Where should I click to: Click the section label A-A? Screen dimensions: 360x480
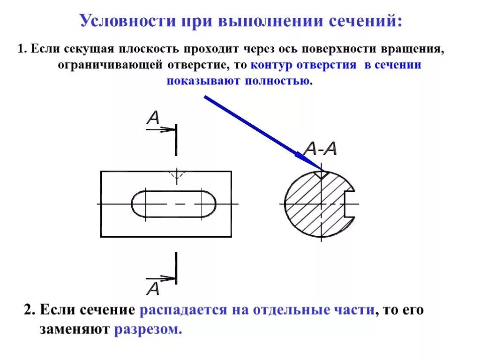point(320,149)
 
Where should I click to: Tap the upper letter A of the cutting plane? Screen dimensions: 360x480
point(153,118)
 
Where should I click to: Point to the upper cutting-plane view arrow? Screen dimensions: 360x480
point(161,129)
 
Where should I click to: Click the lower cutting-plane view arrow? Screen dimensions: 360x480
point(161,278)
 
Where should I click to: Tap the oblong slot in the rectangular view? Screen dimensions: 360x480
point(173,204)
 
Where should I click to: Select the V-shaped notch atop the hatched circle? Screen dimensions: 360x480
point(322,175)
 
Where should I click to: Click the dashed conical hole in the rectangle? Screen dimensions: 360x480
point(176,176)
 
